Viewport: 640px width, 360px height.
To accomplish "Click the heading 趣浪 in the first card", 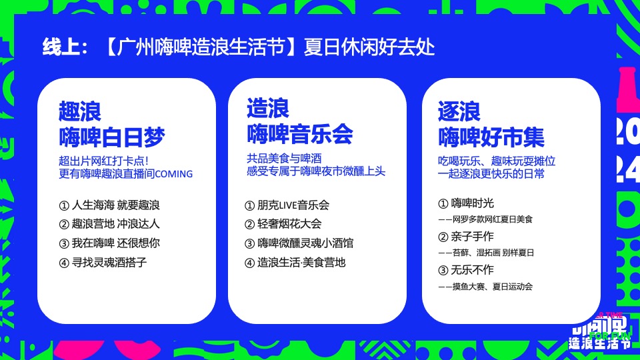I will point(80,111).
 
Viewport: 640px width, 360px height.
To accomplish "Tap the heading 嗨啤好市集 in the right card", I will point(491,137).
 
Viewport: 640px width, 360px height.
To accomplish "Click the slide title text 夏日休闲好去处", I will point(369,48).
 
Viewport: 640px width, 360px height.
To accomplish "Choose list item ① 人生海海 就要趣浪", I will point(109,205).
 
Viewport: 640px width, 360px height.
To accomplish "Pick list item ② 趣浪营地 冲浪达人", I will point(109,224).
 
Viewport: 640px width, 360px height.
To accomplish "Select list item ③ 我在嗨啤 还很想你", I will point(109,243).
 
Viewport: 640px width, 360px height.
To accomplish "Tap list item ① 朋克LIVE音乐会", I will point(287,205).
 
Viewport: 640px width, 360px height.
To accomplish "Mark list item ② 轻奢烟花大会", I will point(283,224).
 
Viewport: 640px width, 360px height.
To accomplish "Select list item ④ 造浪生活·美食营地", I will point(295,262).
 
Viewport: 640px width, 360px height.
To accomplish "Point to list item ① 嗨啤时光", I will point(466,203).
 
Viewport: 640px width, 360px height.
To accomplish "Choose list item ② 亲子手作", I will point(466,236).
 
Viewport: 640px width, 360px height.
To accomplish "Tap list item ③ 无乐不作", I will point(466,269).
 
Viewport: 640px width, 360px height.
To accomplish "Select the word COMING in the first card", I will point(173,174).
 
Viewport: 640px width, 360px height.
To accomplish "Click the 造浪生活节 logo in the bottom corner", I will point(599,337).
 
